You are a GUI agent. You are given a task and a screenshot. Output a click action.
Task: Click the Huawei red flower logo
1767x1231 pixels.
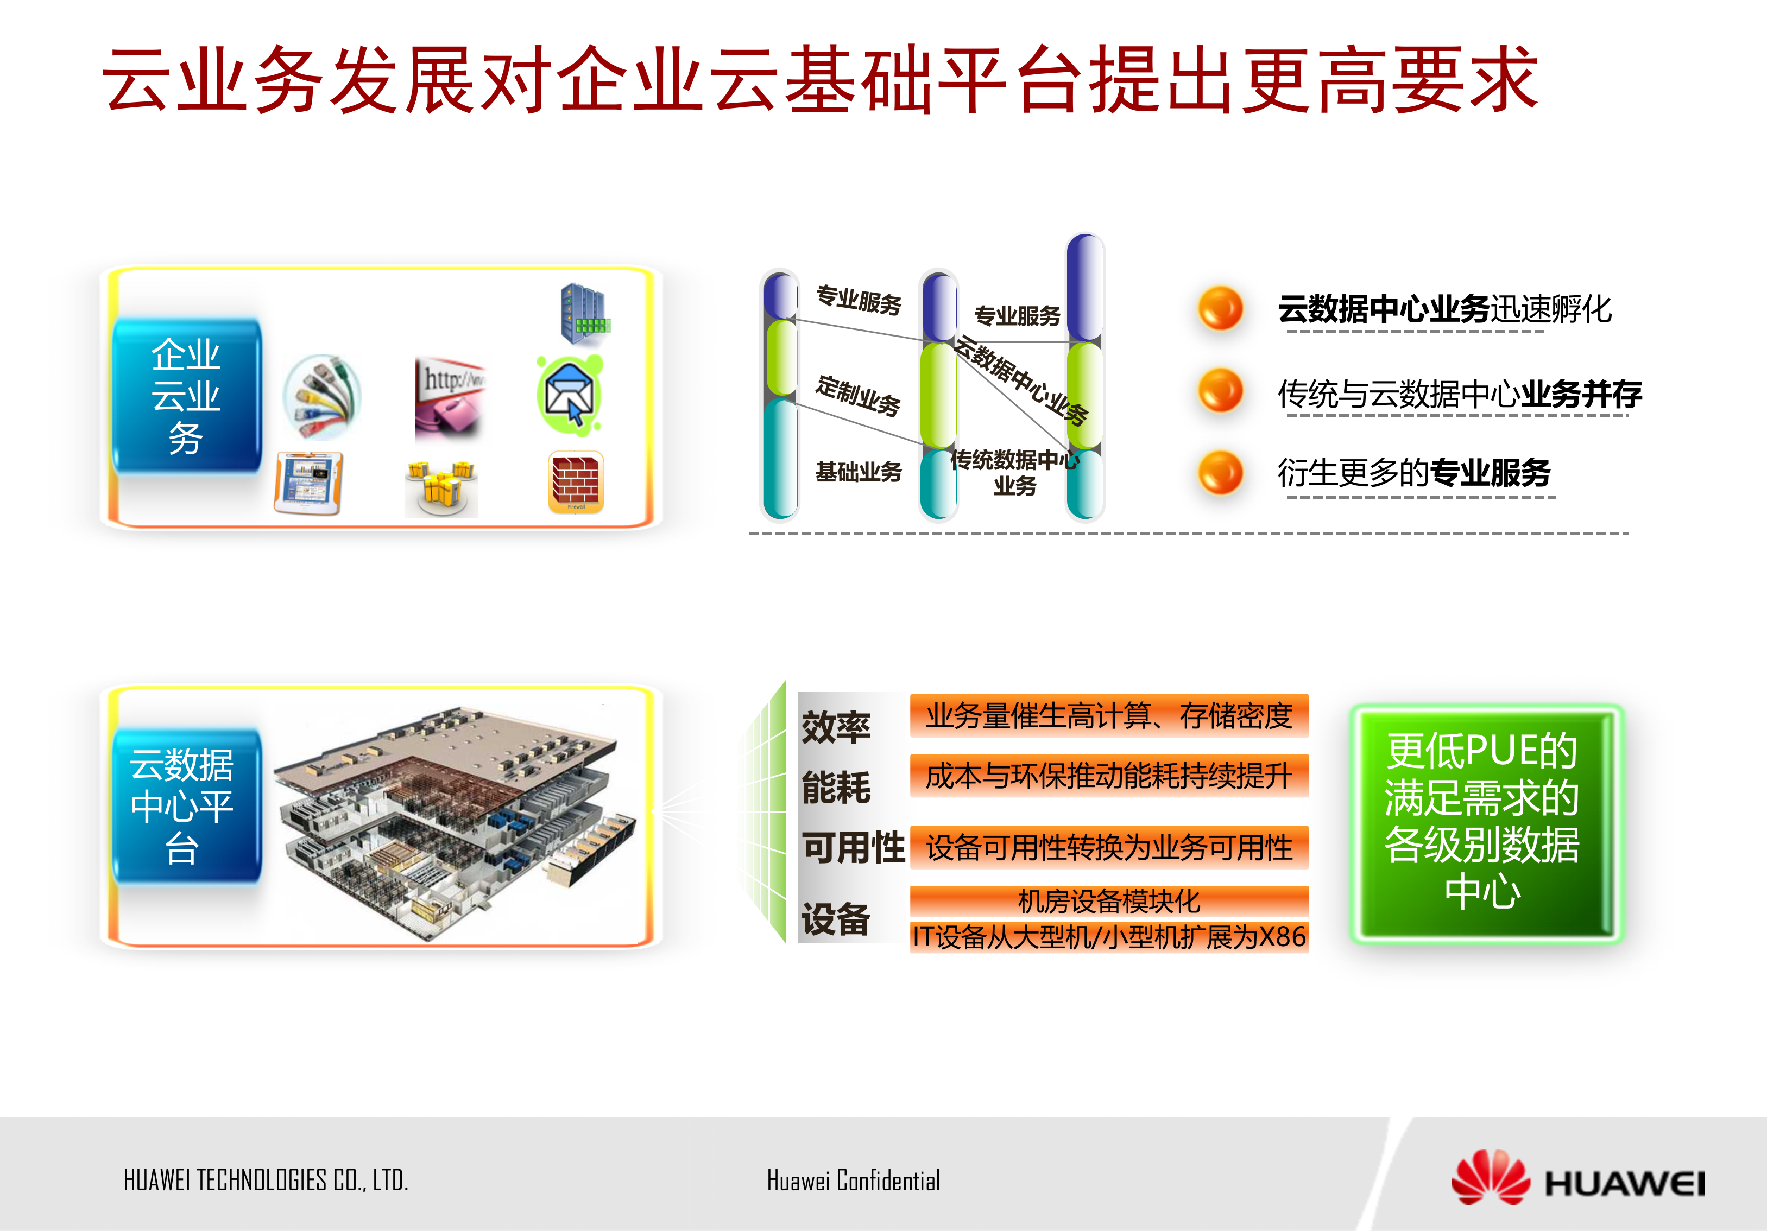tap(1490, 1177)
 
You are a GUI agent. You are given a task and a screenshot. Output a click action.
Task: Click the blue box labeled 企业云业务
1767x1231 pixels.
tap(187, 396)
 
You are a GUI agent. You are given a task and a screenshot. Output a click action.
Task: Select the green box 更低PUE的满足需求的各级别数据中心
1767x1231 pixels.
tap(1485, 822)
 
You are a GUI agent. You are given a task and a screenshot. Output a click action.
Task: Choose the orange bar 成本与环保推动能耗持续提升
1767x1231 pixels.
tap(1108, 776)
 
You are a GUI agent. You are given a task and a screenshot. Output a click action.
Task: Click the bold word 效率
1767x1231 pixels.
tap(836, 727)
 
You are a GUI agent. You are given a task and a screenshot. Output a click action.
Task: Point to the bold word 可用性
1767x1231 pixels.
tap(853, 848)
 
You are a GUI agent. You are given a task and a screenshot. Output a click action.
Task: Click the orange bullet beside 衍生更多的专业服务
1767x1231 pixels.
tap(1220, 472)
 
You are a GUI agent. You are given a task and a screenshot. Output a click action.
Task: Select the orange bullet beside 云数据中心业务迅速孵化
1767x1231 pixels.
tap(1220, 308)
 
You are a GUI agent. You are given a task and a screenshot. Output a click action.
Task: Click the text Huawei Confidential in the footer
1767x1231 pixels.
tap(853, 1180)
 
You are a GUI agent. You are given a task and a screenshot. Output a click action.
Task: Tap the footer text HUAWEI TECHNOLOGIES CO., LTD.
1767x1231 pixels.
tap(266, 1180)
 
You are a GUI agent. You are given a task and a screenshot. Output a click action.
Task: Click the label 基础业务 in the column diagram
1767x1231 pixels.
tap(858, 472)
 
